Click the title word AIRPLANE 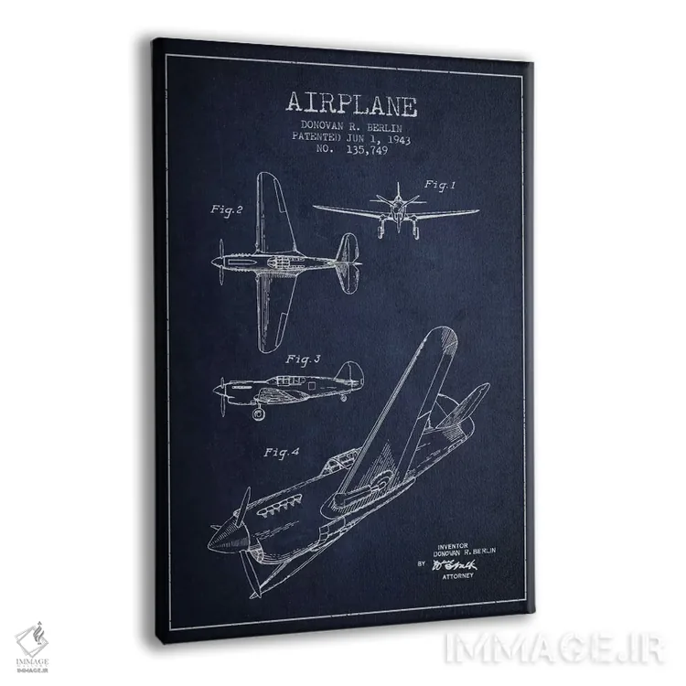pos(351,103)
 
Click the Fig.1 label pos(438,186)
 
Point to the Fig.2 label pos(226,209)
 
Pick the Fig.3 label pos(303,359)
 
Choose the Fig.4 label pos(283,452)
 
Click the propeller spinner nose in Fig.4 pos(219,541)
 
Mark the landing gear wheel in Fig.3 pos(259,413)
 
